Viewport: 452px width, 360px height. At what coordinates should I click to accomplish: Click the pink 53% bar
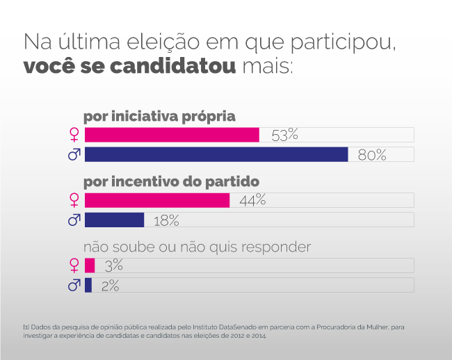pos(172,135)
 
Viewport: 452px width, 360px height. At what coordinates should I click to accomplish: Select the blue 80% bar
pos(216,154)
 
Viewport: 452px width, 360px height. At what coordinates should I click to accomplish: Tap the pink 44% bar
pos(157,200)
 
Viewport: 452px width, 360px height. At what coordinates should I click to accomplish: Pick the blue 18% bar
pos(114,220)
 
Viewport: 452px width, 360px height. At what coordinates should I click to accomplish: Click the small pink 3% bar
pos(90,265)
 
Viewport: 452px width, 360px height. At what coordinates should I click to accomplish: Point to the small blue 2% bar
pos(88,285)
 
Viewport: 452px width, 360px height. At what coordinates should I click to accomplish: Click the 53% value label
pos(284,135)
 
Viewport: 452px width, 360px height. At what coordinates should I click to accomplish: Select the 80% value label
pos(372,154)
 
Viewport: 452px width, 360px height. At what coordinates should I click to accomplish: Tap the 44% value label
pos(252,200)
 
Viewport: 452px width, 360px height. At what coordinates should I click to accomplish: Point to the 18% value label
pos(166,220)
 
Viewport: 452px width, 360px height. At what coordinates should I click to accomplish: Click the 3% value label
pos(113,265)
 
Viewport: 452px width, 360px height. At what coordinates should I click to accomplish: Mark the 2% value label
pos(110,285)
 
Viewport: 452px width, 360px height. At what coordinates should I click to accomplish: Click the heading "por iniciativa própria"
pos(160,116)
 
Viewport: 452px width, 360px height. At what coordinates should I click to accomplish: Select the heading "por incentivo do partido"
pos(171,181)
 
